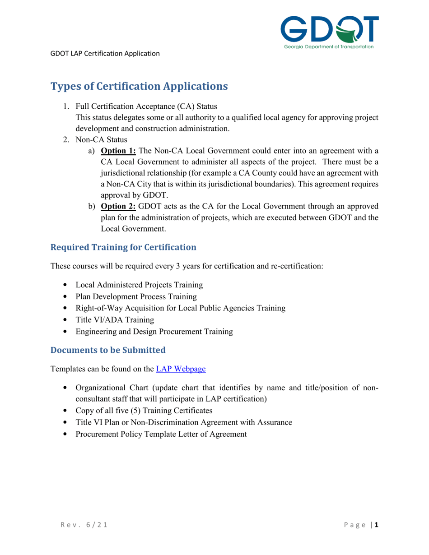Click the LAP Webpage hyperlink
click(181, 369)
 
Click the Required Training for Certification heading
click(123, 247)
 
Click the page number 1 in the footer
click(376, 525)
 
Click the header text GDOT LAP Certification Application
click(105, 54)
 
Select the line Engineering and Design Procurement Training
click(154, 332)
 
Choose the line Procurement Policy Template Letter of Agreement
click(161, 434)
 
